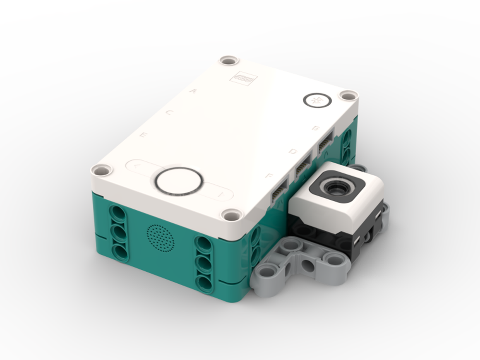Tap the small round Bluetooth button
click(x=317, y=100)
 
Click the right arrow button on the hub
click(x=219, y=194)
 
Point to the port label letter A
click(x=193, y=90)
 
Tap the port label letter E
click(x=143, y=136)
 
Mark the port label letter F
click(x=269, y=176)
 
